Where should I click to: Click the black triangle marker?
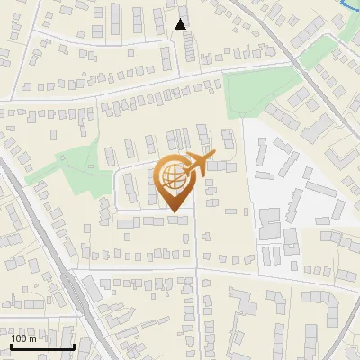[x=182, y=24]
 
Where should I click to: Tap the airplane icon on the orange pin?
[x=200, y=163]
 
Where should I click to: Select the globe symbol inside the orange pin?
[x=174, y=176]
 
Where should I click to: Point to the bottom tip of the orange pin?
[x=175, y=213]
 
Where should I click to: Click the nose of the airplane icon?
[x=214, y=155]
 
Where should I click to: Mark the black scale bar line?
[x=42, y=346]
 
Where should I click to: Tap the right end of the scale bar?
[x=74, y=346]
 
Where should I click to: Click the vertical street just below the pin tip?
[x=197, y=238]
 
